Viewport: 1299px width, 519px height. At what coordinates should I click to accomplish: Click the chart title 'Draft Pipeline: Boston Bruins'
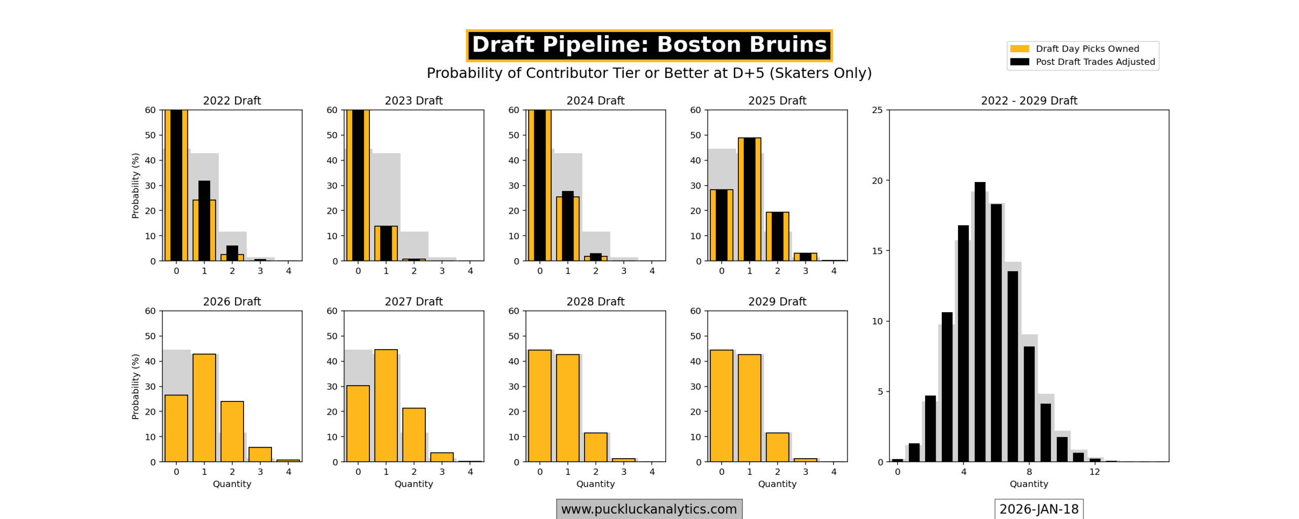pos(649,45)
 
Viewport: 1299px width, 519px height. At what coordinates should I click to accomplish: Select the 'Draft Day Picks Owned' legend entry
pos(1086,49)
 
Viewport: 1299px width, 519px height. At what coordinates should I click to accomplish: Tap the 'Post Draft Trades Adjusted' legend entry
pos(1095,62)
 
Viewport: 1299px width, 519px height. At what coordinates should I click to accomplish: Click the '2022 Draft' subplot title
pos(232,101)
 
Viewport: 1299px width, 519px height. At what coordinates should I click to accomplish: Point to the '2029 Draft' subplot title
pos(777,302)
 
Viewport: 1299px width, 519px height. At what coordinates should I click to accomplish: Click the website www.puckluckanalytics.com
pos(649,509)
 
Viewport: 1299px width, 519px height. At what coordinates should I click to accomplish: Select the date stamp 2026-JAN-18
pos(1039,509)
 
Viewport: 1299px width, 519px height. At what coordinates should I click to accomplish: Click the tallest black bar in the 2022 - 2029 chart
pos(980,322)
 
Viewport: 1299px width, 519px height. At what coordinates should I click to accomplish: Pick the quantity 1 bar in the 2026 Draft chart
pos(204,408)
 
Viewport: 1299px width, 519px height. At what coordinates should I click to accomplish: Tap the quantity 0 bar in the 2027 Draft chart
pos(358,424)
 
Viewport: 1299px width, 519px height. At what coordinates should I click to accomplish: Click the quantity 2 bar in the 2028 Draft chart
pos(595,447)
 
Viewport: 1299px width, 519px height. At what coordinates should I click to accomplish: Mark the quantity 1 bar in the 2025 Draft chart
pos(749,199)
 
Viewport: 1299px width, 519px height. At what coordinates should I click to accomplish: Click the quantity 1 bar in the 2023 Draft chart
pos(386,243)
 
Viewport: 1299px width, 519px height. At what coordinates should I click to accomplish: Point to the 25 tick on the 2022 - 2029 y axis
pos(877,110)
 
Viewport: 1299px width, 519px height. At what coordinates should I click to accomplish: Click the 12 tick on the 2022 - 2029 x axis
pos(1095,472)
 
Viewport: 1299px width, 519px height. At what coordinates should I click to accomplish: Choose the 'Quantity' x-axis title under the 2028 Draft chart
pos(595,484)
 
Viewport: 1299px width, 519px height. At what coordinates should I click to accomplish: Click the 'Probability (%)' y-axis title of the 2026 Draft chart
pos(135,387)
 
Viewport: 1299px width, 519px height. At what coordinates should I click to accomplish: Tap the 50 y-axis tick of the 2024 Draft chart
pos(514,135)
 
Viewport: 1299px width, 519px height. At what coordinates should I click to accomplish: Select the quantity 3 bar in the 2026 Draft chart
pos(260,455)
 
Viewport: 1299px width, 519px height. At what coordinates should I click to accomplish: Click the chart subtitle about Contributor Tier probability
pos(649,73)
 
